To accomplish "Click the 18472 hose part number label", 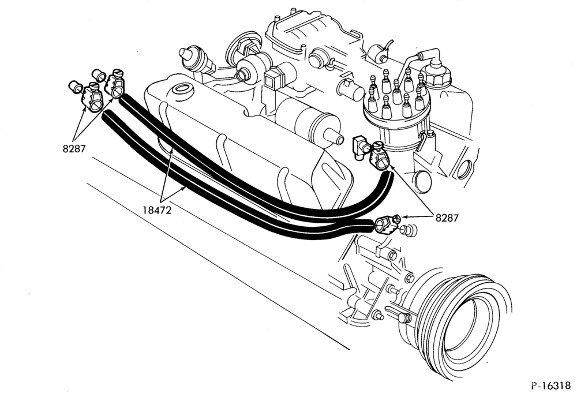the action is coord(157,211).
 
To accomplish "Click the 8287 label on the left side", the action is coord(74,149).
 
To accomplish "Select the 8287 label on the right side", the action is coord(447,218).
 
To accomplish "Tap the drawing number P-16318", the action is coord(551,385).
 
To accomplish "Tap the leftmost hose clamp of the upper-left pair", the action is coord(92,98).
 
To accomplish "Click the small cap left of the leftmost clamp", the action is coord(76,88).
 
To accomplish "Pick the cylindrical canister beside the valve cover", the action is coord(309,121).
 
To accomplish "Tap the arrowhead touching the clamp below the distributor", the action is coord(391,168).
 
